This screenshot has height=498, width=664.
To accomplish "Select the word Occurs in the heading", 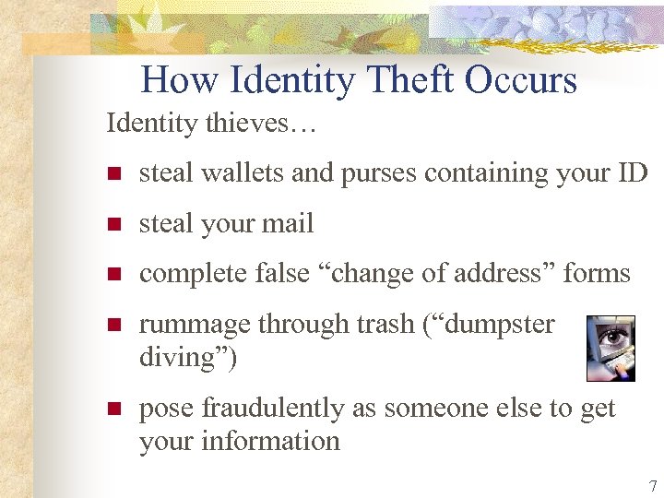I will click(521, 80).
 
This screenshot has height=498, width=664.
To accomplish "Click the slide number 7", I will click(653, 486).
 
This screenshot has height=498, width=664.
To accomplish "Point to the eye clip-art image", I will click(611, 348).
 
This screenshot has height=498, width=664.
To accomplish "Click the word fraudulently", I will click(278, 408).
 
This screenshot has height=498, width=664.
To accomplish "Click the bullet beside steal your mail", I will click(113, 224).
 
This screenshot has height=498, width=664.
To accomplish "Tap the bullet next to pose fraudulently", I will click(113, 409).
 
